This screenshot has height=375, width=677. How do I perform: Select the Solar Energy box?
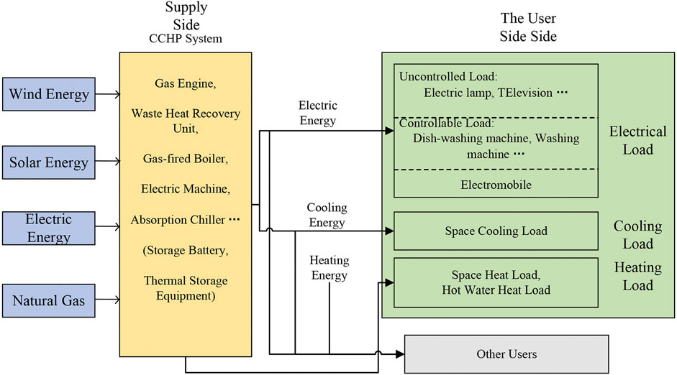click(x=48, y=162)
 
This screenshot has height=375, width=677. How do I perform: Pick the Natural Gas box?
click(x=48, y=300)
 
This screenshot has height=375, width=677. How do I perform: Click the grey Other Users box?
click(x=506, y=353)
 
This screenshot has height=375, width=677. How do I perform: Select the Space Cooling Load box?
click(x=496, y=231)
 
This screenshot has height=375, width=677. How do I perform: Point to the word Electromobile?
click(x=496, y=185)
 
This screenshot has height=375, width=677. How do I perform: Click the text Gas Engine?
click(x=185, y=83)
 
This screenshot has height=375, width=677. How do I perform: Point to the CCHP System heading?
click(x=186, y=39)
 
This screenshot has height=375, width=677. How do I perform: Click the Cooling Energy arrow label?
click(x=327, y=214)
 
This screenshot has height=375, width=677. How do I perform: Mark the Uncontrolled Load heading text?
click(x=444, y=76)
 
